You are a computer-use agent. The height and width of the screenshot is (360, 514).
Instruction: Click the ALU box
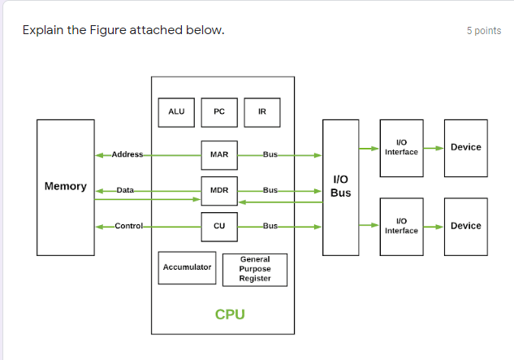coord(176,112)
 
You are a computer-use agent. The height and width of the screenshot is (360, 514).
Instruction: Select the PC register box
coord(219,112)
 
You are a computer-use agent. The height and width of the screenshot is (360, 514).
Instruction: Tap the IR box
coord(261,112)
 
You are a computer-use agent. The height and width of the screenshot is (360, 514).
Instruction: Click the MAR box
coord(219,154)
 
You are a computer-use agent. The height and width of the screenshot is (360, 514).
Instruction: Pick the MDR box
coord(219,190)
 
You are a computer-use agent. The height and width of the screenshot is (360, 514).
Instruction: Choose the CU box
coord(219,227)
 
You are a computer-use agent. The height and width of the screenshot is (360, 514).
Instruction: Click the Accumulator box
coord(187,267)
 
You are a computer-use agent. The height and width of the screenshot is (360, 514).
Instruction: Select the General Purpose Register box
coord(255,269)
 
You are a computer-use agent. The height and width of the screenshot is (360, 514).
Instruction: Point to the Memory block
coord(66,186)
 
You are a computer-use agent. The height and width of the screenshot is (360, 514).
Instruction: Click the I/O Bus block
coord(341,186)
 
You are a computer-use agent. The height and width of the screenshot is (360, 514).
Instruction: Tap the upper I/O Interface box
coord(401,147)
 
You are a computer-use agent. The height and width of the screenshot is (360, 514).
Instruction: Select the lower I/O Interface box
coord(401,226)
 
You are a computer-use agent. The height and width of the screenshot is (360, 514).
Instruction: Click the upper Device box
coord(465,147)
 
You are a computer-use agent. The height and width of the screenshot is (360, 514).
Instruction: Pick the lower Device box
coord(465,226)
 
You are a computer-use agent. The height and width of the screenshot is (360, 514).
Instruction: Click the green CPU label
coord(230,314)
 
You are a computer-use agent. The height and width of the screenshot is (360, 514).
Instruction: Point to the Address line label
coord(127,154)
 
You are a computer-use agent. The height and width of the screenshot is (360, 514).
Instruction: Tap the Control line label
coord(128,226)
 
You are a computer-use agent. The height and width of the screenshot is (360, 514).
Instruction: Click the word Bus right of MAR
coord(270,154)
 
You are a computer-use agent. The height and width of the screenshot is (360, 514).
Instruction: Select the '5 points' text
coord(484,31)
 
